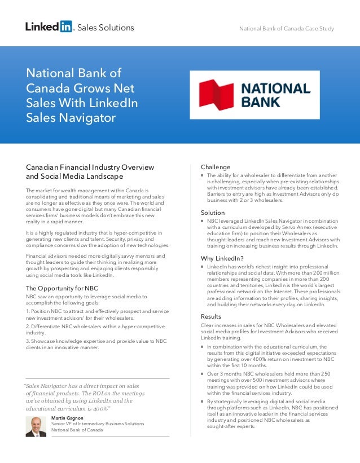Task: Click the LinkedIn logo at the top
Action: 49,27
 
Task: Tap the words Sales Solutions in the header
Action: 106,28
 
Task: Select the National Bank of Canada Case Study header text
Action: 287,29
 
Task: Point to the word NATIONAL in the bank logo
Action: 276,89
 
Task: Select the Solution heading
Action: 213,213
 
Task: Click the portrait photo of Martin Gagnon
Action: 36,426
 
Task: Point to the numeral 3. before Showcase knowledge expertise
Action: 28,341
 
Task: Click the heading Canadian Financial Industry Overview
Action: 90,167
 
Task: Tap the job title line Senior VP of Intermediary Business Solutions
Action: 98,424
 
